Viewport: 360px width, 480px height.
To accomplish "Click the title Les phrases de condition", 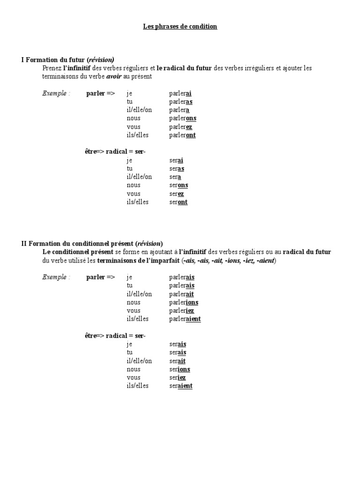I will [180, 27].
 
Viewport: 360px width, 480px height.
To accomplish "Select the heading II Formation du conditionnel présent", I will [92, 243].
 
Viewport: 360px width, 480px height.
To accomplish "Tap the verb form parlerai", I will [180, 93].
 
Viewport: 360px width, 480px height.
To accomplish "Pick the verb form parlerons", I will [183, 119].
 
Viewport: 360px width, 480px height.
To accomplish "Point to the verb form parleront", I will [182, 135].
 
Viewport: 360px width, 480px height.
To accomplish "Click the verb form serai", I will [176, 160].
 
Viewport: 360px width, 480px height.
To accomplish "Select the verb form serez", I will [177, 194].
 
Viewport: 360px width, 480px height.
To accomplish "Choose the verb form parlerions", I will [184, 302].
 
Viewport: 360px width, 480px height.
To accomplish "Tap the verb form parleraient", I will [185, 319].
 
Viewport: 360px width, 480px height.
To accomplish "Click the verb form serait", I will [178, 361].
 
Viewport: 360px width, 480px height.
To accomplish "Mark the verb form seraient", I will [181, 386].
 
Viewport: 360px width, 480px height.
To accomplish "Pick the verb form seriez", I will [178, 377].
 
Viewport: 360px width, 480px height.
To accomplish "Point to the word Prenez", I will [51, 68].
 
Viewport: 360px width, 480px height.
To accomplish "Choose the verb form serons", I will [179, 185].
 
